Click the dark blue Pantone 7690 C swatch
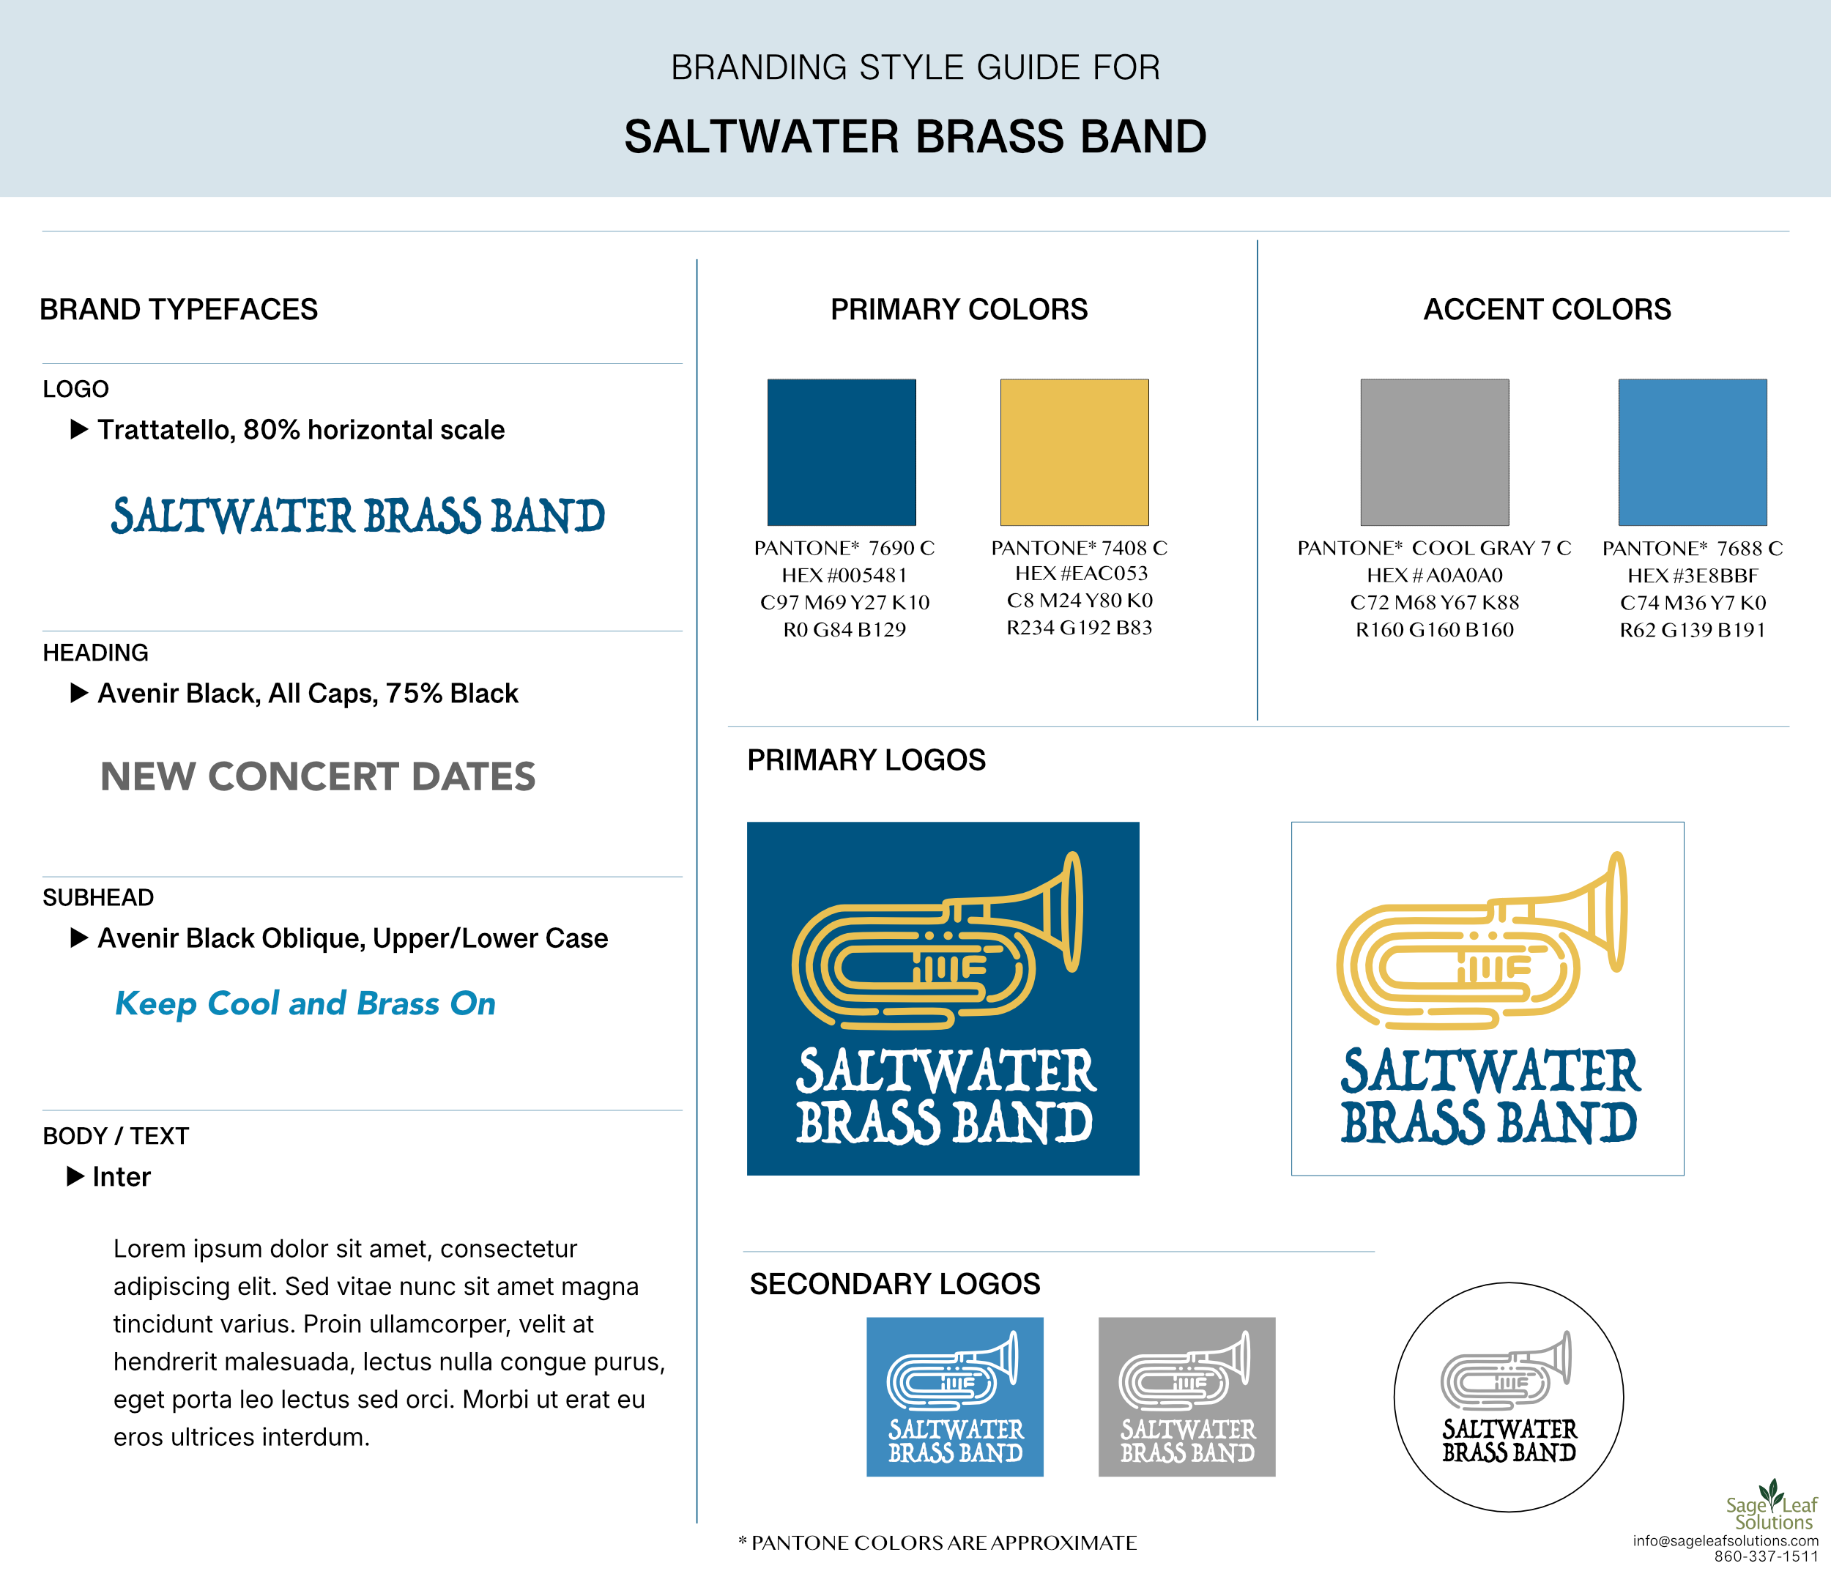tap(842, 453)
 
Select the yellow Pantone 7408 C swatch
tap(1074, 453)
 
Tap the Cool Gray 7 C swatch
tap(1435, 453)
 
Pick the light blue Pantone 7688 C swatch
tap(1693, 453)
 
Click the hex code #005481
tap(844, 576)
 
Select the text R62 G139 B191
tap(1693, 630)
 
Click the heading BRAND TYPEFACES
tap(179, 309)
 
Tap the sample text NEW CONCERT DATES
tap(317, 777)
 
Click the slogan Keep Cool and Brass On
tap(305, 1004)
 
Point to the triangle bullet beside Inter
tap(76, 1176)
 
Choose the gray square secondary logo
tap(1186, 1396)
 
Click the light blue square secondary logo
tap(954, 1396)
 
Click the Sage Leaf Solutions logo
tap(1771, 1505)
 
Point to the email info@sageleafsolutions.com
tap(1725, 1541)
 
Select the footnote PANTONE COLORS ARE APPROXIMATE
tap(937, 1543)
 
